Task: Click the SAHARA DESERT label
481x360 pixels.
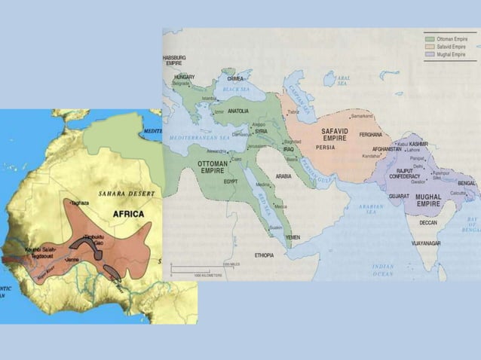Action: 126,194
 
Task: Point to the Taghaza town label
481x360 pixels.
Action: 80,203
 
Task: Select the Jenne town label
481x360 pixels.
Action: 72,259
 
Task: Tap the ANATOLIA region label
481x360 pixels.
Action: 238,111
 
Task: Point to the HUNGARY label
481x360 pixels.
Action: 185,77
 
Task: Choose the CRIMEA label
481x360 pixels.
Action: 236,78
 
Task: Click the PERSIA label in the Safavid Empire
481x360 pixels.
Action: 326,147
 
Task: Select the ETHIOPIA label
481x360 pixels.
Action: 265,255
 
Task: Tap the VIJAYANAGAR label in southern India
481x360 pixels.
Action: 427,243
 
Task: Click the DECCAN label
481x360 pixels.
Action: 428,223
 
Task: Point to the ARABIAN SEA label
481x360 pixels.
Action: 372,208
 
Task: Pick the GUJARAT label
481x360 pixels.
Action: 399,196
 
